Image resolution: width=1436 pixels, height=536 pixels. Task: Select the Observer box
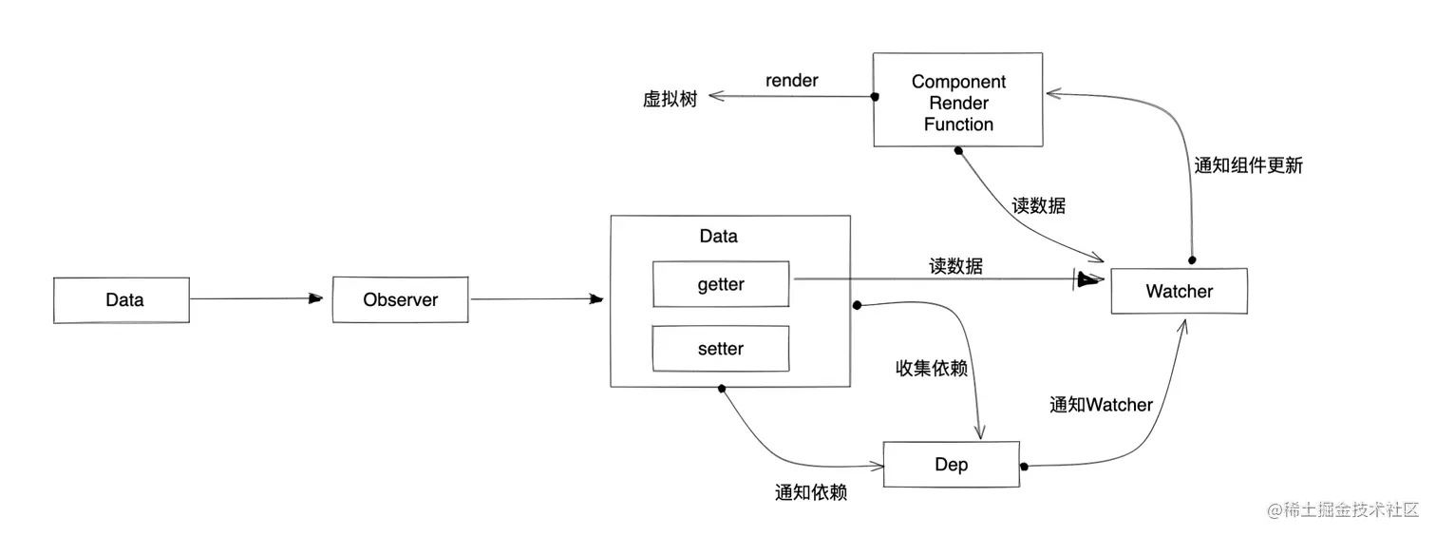tap(400, 300)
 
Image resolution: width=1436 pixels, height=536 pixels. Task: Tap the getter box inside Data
tap(721, 284)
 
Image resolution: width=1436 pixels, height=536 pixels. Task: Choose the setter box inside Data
tap(721, 349)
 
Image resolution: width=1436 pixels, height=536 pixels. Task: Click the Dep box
tap(951, 464)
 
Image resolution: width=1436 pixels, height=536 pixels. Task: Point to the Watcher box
tap(1179, 292)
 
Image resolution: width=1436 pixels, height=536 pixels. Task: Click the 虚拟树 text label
tap(670, 99)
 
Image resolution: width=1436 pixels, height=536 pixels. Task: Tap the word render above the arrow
tap(791, 81)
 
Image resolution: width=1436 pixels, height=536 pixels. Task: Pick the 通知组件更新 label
tap(1248, 165)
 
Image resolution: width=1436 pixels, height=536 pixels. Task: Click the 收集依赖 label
tap(931, 369)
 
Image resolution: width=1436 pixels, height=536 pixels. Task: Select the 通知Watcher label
tap(1101, 405)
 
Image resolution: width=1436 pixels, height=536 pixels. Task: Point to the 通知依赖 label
tap(810, 492)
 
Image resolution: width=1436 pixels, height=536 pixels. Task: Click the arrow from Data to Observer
tap(256, 299)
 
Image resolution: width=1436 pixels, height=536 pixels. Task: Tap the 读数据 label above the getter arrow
tap(955, 267)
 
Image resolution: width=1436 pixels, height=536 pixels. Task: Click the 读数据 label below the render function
tap(1038, 205)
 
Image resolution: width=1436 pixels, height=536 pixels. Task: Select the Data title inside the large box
tap(718, 236)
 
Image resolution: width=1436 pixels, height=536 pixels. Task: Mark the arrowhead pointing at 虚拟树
tap(715, 95)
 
